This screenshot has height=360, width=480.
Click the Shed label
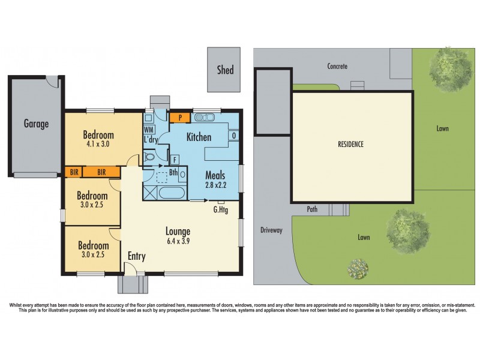225,70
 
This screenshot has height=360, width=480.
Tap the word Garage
36,124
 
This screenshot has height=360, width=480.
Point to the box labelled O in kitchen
234,136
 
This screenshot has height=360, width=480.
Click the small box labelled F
175,160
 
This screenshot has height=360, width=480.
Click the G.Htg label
221,209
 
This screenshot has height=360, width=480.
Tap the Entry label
136,256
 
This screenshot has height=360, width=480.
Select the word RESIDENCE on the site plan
351,145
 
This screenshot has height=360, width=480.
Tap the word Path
312,209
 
